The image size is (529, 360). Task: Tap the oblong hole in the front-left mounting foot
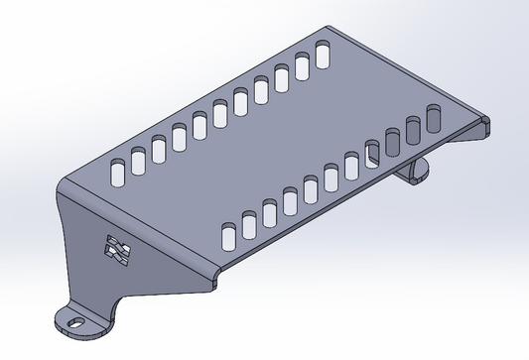pyautogui.click(x=73, y=320)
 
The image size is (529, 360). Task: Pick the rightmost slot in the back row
pyautogui.click(x=323, y=55)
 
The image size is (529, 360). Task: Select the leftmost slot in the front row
pyautogui.click(x=228, y=235)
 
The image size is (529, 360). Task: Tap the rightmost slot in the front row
pyautogui.click(x=434, y=117)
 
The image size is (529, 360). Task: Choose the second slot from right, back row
pyautogui.click(x=302, y=66)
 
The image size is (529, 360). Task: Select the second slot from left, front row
pyautogui.click(x=249, y=223)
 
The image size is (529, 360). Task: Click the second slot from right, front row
pyautogui.click(x=414, y=129)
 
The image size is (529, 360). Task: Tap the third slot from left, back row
pyautogui.click(x=159, y=147)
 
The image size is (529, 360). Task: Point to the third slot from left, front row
pyautogui.click(x=270, y=211)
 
